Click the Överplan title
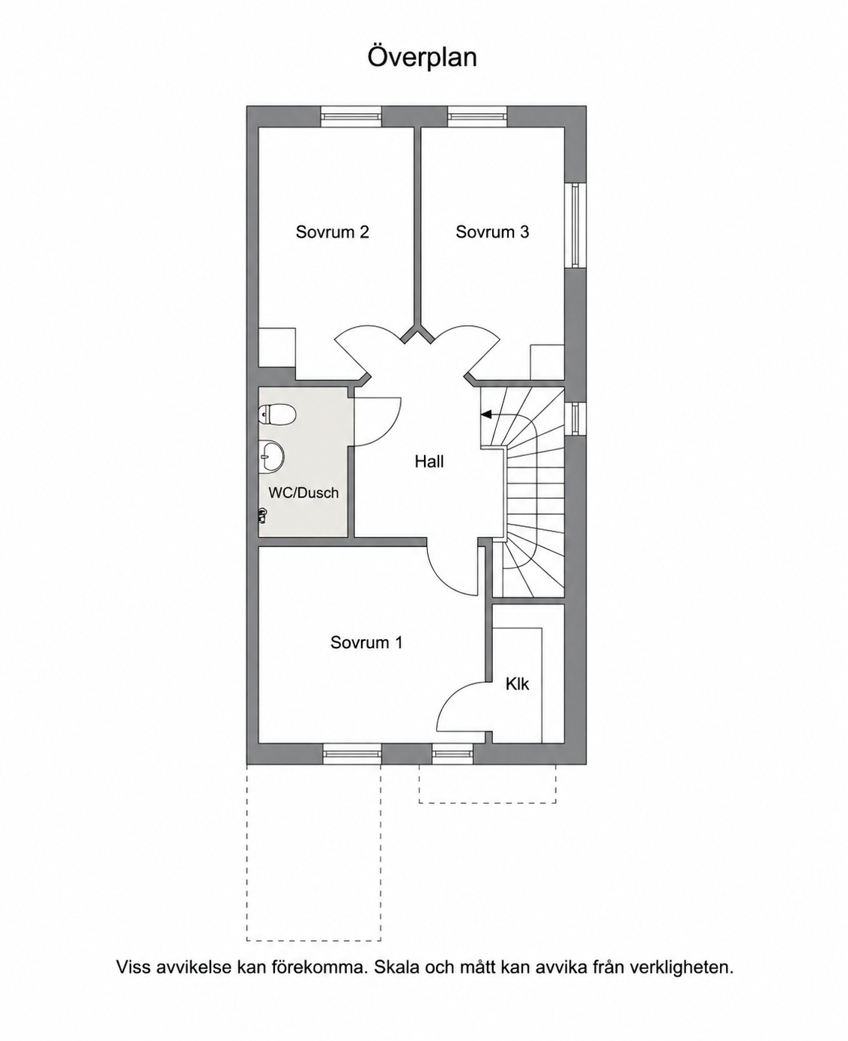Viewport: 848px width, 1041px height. [x=422, y=58]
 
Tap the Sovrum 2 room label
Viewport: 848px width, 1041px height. [x=332, y=232]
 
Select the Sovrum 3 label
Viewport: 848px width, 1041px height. [x=492, y=232]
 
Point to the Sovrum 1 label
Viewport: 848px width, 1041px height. [x=366, y=642]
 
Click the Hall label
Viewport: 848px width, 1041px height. [x=429, y=462]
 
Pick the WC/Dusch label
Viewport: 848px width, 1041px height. [x=303, y=492]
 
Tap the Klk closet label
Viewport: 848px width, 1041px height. [x=518, y=684]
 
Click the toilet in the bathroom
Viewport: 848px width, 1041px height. [x=277, y=415]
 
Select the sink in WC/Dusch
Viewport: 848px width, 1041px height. [x=270, y=457]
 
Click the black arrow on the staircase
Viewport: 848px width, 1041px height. [x=486, y=414]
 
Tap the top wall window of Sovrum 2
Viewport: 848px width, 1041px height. [x=351, y=118]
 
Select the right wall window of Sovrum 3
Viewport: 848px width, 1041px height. [x=575, y=225]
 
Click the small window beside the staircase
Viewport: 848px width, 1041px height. [x=575, y=419]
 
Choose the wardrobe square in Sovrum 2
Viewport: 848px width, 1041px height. [x=277, y=348]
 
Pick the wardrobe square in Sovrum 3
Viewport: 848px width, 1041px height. [x=547, y=362]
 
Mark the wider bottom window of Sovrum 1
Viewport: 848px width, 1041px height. [x=351, y=754]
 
